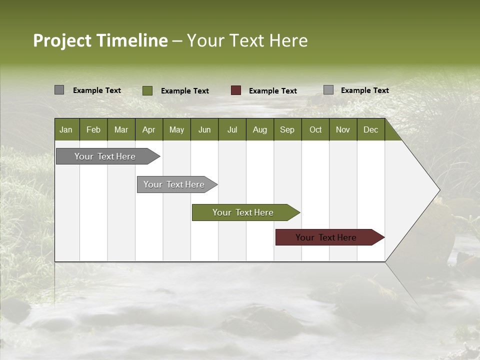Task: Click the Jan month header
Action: (x=66, y=129)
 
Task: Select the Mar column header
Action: (x=121, y=129)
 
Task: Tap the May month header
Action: (x=176, y=129)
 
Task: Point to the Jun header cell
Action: (x=204, y=129)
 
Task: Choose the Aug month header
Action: (x=259, y=129)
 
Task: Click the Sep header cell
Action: (x=287, y=129)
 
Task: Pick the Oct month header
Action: (x=315, y=129)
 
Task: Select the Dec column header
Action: (x=370, y=129)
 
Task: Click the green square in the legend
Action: (x=147, y=90)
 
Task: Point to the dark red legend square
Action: (x=236, y=90)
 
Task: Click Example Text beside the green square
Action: (x=185, y=91)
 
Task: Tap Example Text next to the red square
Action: (x=273, y=91)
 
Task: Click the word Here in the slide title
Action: (x=288, y=40)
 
